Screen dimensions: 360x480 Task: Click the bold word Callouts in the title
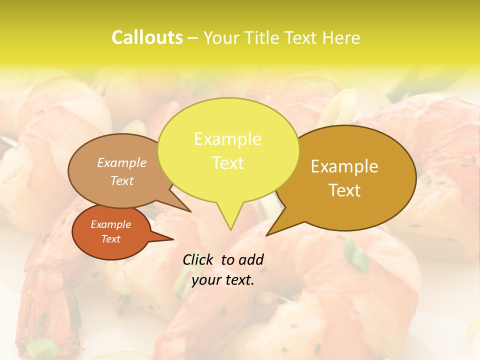[x=147, y=37]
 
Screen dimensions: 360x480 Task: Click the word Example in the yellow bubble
[x=227, y=139]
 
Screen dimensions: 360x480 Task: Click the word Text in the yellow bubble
[x=227, y=163]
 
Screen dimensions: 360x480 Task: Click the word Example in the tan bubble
[x=122, y=162]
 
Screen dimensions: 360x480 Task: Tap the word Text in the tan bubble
[x=122, y=180]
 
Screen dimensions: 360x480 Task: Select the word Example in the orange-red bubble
[x=110, y=224]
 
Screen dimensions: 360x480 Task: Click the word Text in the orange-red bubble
[x=110, y=239]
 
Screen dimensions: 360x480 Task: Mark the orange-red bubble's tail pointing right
[x=172, y=239]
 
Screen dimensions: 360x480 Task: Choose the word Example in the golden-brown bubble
[x=344, y=166]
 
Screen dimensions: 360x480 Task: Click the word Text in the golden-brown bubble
[x=344, y=190]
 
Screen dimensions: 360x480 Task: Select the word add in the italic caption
[x=251, y=259]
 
